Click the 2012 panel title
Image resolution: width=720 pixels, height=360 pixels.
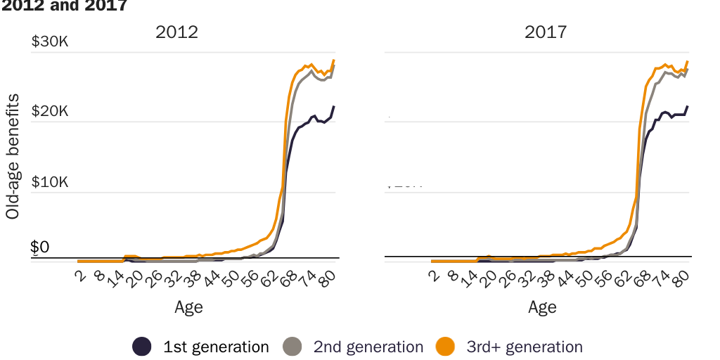pyautogui.click(x=176, y=32)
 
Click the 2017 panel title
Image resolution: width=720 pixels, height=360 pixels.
pyautogui.click(x=546, y=32)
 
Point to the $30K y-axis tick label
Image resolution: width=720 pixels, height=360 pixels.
pyautogui.click(x=50, y=41)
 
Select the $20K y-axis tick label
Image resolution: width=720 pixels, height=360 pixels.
pyautogui.click(x=50, y=112)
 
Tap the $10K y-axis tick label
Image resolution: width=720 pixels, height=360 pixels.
pyautogui.click(x=50, y=182)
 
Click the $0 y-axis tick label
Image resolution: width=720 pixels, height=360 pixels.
pyautogui.click(x=40, y=247)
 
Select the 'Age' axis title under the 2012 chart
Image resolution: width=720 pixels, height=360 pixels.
pyautogui.click(x=188, y=307)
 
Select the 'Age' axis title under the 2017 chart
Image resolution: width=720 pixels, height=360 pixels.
pyautogui.click(x=542, y=307)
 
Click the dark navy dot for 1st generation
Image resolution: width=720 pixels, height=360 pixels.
pyautogui.click(x=142, y=347)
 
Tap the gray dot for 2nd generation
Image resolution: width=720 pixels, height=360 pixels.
pyautogui.click(x=292, y=347)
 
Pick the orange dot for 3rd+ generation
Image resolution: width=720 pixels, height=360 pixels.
pyautogui.click(x=444, y=347)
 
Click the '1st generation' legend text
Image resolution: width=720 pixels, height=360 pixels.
pyautogui.click(x=216, y=347)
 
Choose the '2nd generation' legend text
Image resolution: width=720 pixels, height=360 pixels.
pyautogui.click(x=368, y=347)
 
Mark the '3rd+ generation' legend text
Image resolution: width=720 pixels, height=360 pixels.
pyautogui.click(x=524, y=347)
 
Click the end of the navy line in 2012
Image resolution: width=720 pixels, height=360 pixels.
pyautogui.click(x=334, y=106)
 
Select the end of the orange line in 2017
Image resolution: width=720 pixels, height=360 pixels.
pyautogui.click(x=687, y=61)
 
